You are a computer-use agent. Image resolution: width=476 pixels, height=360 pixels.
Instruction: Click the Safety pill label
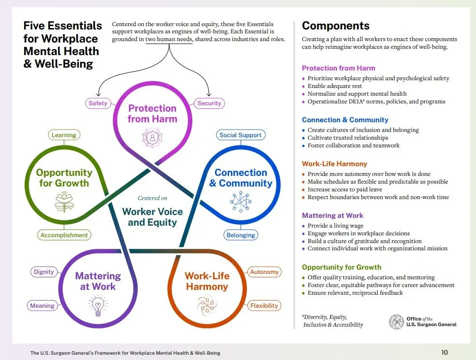[98, 103]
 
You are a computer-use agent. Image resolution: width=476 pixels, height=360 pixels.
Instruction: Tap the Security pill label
[209, 103]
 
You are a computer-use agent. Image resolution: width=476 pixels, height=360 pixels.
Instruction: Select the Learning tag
[64, 135]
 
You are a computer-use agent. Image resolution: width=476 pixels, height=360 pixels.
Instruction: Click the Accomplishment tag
[64, 235]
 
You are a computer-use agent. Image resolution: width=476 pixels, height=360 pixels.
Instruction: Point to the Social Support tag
[240, 135]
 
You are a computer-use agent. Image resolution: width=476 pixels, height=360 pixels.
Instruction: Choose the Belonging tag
[240, 235]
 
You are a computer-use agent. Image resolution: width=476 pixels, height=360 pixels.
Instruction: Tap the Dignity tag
[44, 272]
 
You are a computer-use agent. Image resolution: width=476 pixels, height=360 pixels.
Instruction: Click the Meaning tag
[43, 305]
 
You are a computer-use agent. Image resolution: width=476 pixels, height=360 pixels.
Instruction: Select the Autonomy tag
[264, 272]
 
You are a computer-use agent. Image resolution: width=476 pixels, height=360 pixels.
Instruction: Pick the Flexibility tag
[264, 305]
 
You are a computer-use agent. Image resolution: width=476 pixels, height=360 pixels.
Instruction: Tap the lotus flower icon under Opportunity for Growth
[64, 202]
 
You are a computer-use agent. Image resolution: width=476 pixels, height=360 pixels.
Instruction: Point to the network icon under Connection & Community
[240, 201]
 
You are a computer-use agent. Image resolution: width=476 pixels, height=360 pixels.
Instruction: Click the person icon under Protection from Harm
[153, 137]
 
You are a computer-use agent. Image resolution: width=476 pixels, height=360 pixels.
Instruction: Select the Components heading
[335, 26]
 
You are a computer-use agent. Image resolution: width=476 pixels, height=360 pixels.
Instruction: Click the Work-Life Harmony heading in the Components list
[334, 164]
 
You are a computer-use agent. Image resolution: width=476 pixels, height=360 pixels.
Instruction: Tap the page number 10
[445, 352]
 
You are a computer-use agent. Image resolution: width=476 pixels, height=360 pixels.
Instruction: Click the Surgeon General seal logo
[396, 322]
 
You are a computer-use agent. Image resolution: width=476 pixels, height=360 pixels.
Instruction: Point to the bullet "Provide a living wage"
[335, 226]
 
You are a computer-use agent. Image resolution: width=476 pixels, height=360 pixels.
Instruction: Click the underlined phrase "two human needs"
[169, 39]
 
